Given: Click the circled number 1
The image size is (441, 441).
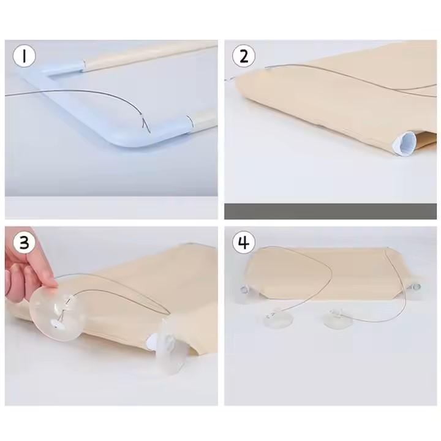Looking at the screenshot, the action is click(24, 56).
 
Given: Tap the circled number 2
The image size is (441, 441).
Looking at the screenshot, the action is click(244, 56).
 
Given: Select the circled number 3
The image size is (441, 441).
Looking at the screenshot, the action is click(24, 242).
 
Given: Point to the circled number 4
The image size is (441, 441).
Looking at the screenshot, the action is click(244, 242).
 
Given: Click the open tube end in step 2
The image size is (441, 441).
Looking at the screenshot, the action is click(404, 143).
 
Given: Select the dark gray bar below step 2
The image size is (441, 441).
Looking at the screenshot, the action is click(331, 211).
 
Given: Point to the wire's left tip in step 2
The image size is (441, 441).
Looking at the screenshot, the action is click(225, 80).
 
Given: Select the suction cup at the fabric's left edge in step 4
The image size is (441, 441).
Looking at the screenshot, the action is click(244, 293).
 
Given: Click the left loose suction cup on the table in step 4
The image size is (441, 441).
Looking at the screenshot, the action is click(278, 318).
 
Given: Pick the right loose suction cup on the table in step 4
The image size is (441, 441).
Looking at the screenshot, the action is click(337, 318).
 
